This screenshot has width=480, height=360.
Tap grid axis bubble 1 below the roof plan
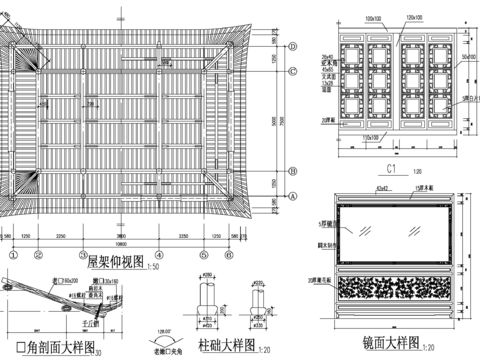point(13,254)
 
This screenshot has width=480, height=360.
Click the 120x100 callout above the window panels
point(414,18)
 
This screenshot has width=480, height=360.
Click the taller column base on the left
point(207,303)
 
